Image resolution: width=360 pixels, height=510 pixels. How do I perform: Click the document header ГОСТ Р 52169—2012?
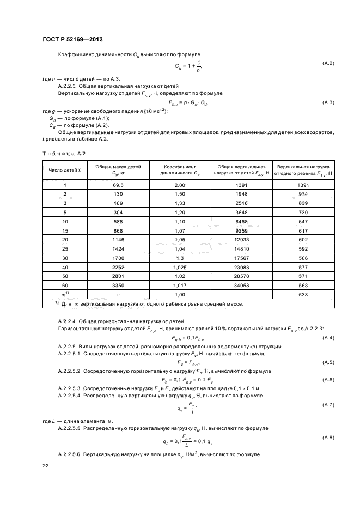[x=72, y=40]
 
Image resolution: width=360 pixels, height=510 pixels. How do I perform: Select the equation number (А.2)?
[x=328, y=64]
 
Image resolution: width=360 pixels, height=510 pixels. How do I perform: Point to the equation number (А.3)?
[x=328, y=102]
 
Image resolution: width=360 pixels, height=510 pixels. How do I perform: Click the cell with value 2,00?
[x=180, y=185]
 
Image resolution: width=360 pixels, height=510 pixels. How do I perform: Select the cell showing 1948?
[x=241, y=193]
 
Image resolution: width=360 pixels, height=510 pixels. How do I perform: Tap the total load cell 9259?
[x=241, y=230]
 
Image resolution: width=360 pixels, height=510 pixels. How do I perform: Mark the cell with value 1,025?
[x=180, y=268]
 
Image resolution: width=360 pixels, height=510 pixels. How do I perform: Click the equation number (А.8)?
[x=328, y=438]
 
